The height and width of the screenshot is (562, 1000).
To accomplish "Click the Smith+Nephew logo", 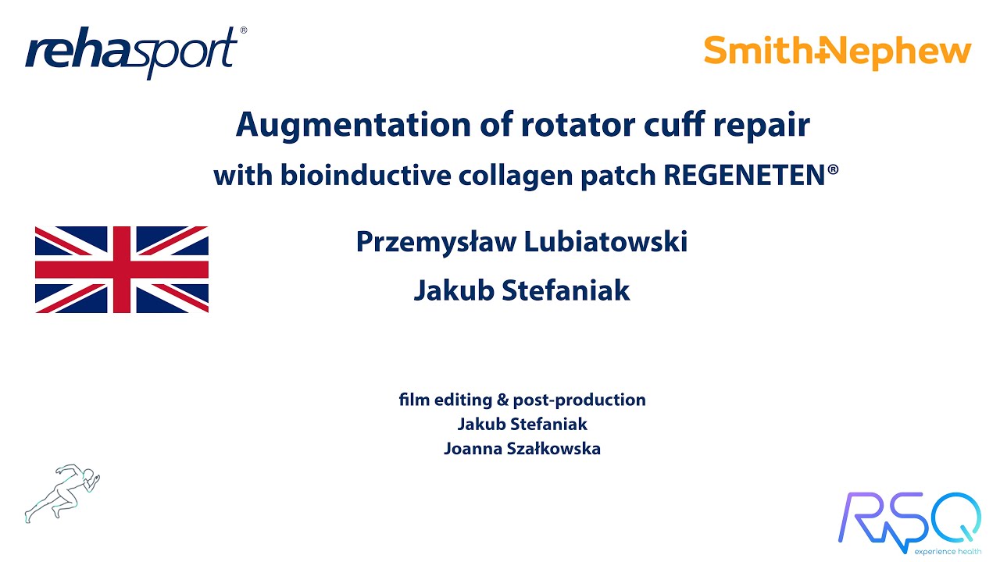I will click(837, 51).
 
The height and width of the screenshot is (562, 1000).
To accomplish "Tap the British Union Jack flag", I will click(122, 269).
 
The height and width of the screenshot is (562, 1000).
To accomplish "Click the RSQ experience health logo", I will click(909, 521).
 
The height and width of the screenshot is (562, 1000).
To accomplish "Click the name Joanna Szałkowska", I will click(522, 449).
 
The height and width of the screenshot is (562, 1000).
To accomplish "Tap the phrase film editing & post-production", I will click(522, 400).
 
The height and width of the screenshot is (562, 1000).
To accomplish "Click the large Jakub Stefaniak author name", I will click(522, 290).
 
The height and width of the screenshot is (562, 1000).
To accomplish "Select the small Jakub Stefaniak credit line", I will click(522, 425).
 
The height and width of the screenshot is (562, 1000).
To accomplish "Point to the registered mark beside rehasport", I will click(243, 30).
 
